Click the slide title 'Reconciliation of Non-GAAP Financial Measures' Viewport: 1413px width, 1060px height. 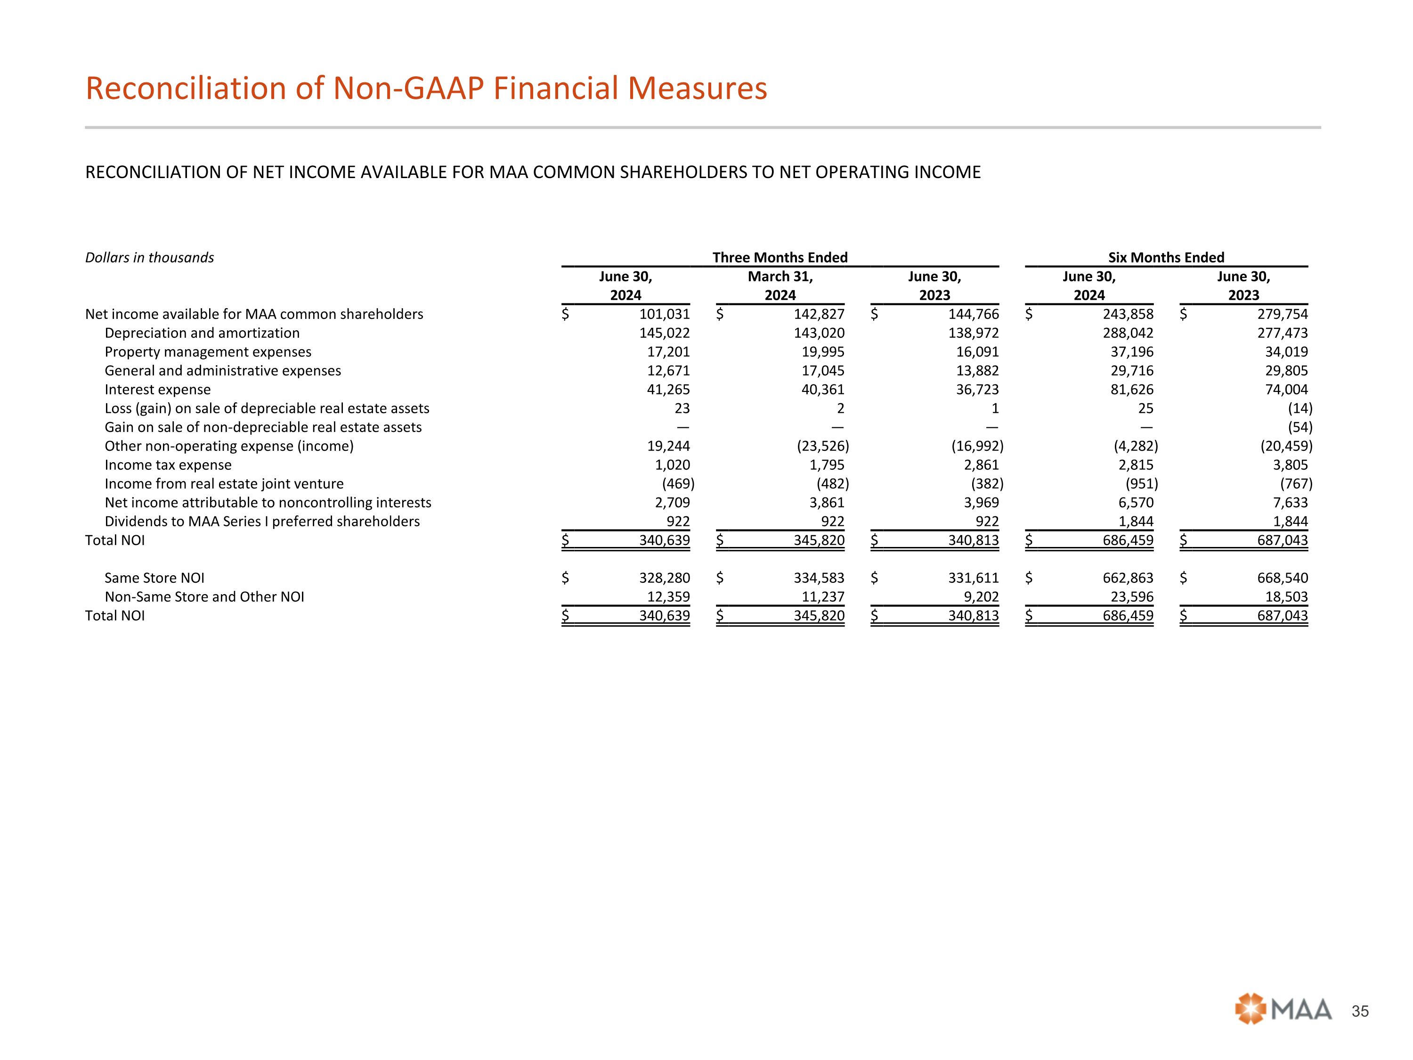click(426, 88)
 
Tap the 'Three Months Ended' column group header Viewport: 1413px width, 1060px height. click(780, 258)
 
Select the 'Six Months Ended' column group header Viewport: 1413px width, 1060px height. click(1166, 258)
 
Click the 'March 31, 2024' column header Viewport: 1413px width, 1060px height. click(780, 285)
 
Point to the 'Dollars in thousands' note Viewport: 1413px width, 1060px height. click(149, 258)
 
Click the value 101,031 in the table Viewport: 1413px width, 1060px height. click(664, 314)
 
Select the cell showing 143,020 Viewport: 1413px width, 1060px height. click(819, 333)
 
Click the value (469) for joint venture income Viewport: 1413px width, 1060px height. click(678, 484)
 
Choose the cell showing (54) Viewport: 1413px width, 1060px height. click(1299, 427)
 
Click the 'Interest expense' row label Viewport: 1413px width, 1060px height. click(157, 390)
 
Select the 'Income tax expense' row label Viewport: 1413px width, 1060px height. click(168, 465)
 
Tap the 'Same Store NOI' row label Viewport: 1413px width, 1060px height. click(154, 578)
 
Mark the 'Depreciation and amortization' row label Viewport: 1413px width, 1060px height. click(202, 333)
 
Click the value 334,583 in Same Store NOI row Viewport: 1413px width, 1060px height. click(819, 578)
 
